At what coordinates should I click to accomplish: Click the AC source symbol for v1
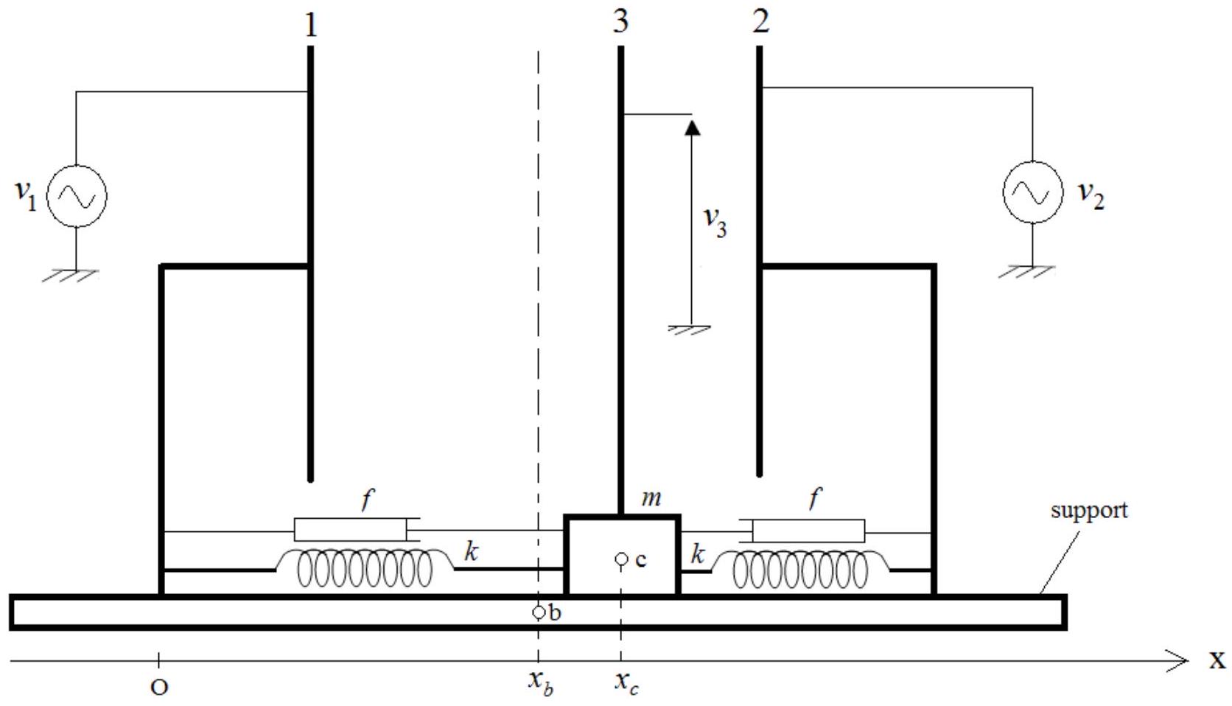[x=77, y=196]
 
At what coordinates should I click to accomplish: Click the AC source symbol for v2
[x=1033, y=192]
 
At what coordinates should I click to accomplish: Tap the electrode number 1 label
[x=311, y=25]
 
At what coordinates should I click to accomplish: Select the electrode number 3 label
[x=620, y=22]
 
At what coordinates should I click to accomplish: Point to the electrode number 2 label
[x=760, y=22]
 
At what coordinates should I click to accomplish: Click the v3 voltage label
[x=715, y=223]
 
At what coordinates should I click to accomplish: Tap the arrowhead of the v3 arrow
[x=693, y=127]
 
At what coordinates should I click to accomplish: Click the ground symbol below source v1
[x=71, y=275]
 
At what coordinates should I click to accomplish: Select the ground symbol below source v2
[x=1026, y=272]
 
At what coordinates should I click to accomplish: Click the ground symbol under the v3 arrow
[x=689, y=330]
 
